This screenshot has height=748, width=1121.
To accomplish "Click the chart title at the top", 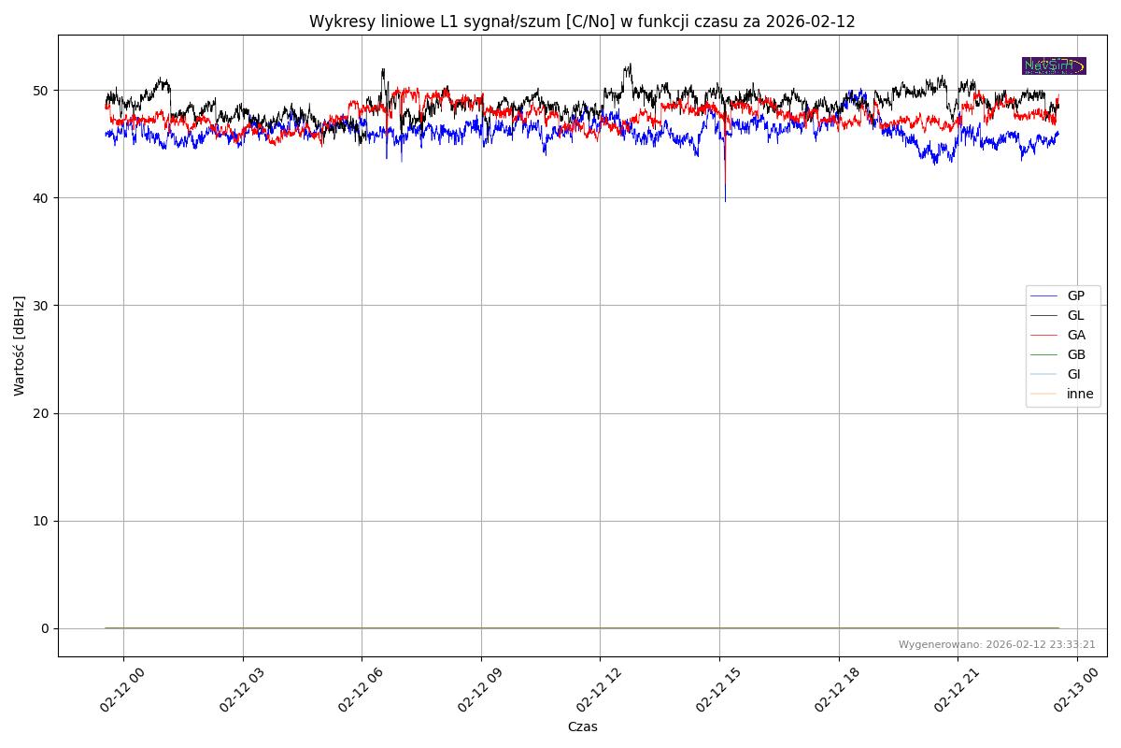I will [x=582, y=22].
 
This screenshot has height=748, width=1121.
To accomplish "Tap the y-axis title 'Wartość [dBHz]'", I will [x=20, y=346].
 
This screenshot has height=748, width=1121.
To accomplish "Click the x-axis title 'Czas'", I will [x=582, y=726].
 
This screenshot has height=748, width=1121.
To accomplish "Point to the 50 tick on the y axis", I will [x=44, y=91].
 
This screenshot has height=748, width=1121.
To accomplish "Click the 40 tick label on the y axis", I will [x=44, y=198].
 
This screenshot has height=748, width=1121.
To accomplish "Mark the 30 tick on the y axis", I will [x=44, y=306].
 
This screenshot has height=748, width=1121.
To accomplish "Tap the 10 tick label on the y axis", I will [x=44, y=521].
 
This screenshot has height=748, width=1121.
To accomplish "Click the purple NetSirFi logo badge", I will [x=1054, y=65].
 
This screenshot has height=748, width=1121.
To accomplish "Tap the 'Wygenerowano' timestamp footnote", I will [x=997, y=644].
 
